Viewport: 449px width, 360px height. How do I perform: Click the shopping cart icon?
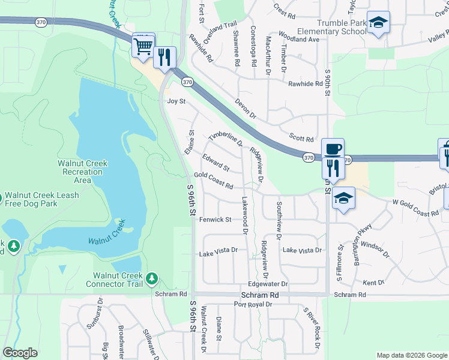tap(143, 45)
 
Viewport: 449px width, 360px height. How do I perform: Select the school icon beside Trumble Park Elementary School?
tap(378, 22)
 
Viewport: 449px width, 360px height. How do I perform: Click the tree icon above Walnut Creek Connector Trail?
tap(152, 278)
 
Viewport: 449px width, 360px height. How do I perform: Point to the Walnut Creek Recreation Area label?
tap(82, 172)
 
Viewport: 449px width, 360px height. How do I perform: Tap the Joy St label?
tap(176, 102)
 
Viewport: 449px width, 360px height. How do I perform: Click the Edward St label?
tap(215, 162)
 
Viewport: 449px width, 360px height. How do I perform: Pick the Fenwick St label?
tap(215, 220)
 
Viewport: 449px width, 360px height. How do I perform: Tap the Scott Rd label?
tap(301, 139)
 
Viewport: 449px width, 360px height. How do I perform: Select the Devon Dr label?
tap(246, 108)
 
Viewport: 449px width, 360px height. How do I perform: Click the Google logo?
tap(20, 352)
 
